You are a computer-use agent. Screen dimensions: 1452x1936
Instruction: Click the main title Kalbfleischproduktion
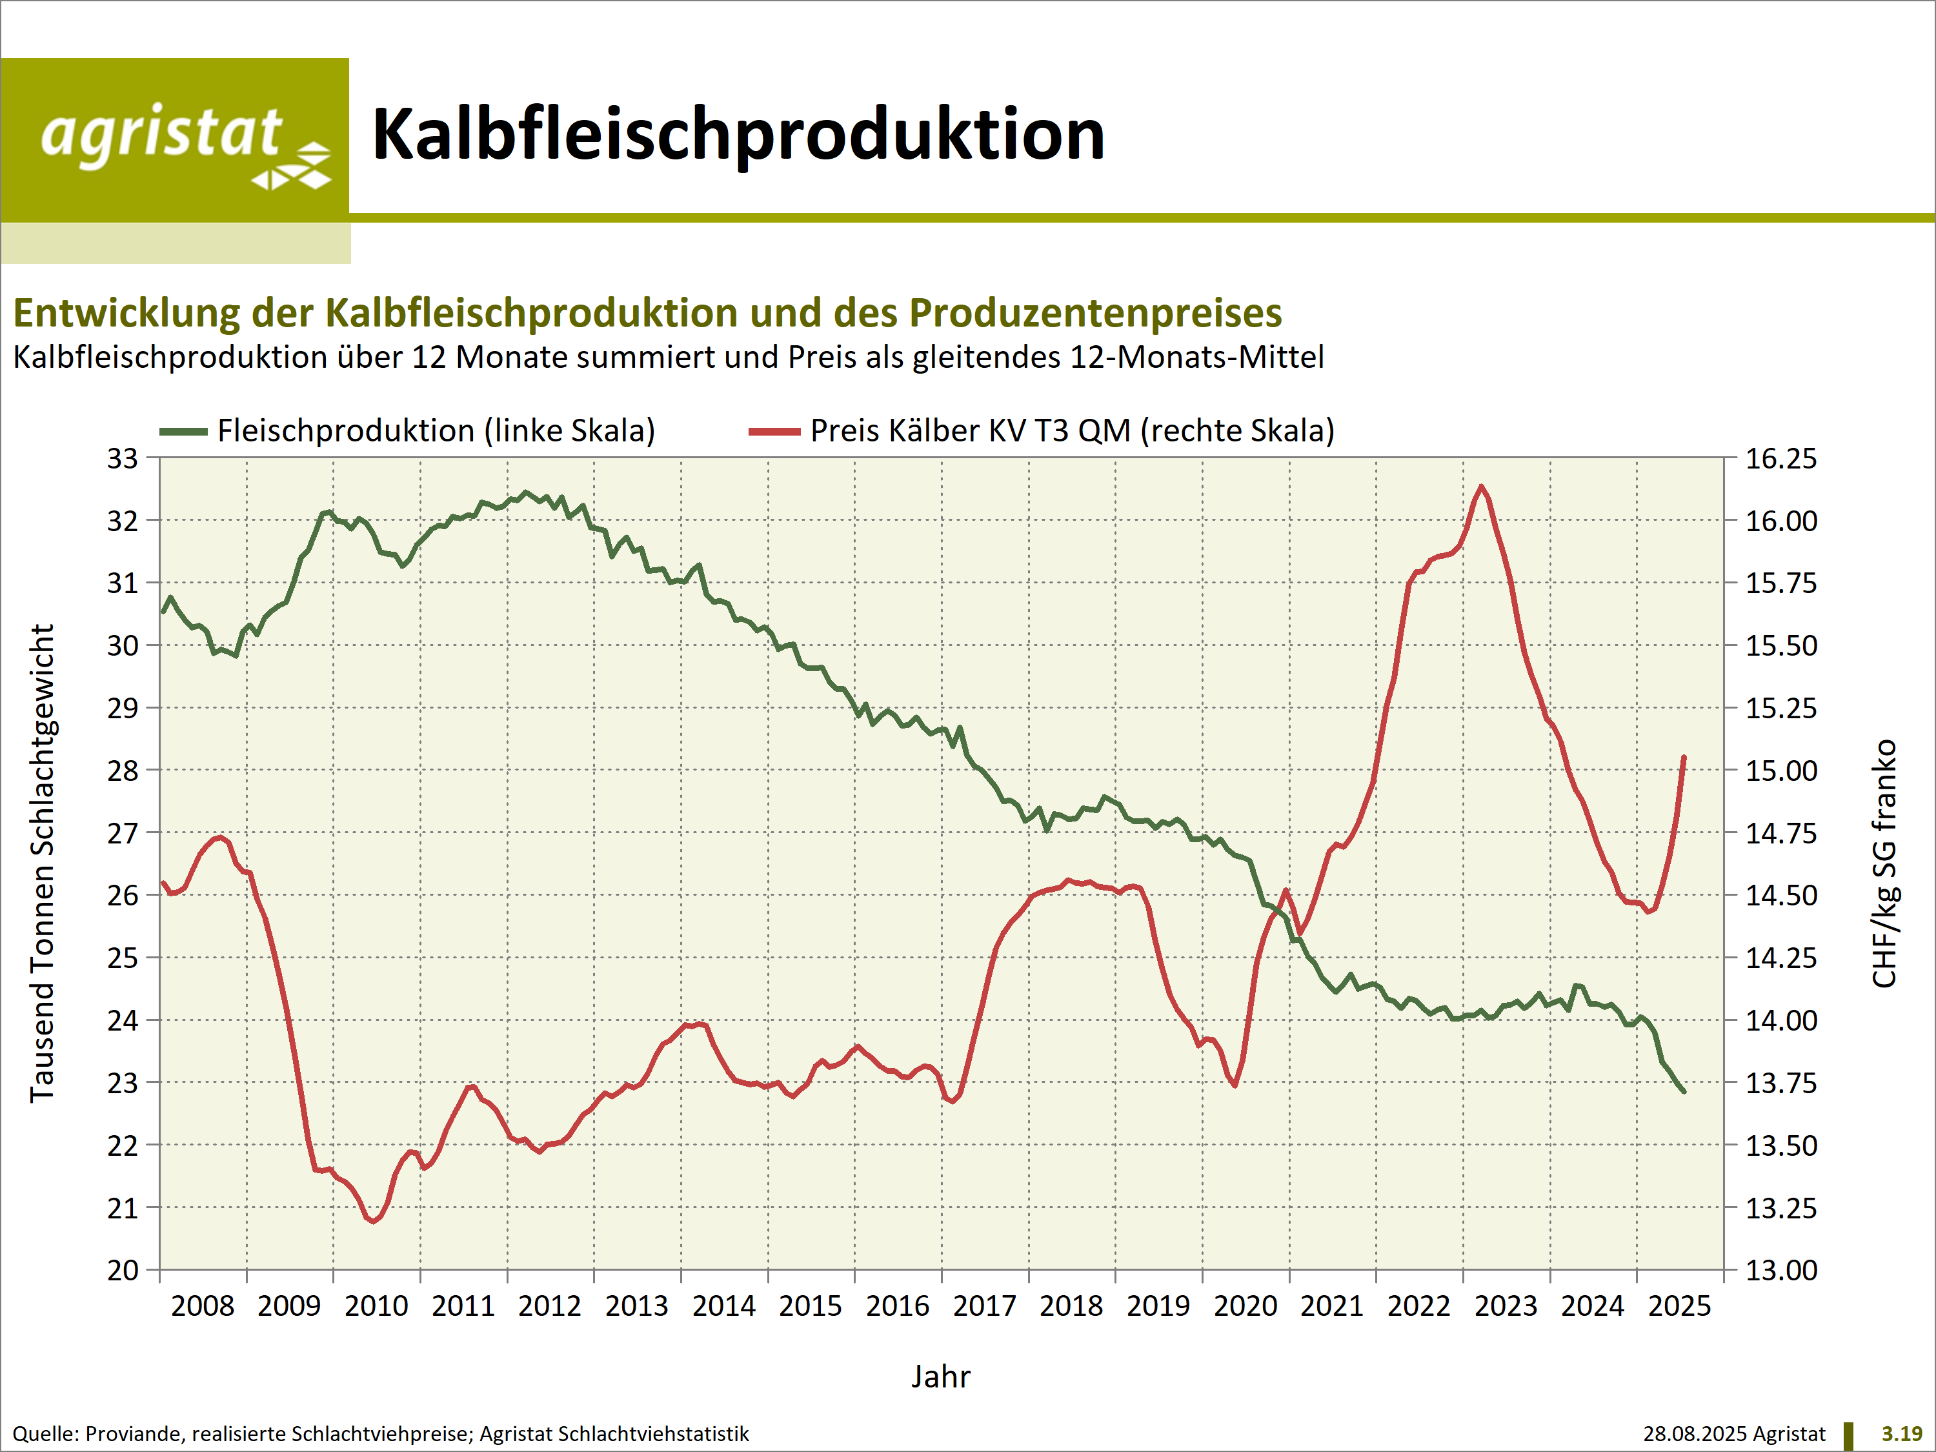tap(738, 135)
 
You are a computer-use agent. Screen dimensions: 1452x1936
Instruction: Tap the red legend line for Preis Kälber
tap(774, 432)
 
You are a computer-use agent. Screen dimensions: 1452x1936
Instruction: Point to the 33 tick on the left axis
tap(123, 459)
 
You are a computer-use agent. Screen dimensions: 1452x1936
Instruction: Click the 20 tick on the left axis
tap(123, 1270)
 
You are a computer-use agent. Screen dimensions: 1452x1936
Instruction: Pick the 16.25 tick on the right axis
tap(1781, 459)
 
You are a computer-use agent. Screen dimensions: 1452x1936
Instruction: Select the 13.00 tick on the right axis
tap(1781, 1270)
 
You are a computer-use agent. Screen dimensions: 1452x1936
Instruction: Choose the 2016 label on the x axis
tap(897, 1306)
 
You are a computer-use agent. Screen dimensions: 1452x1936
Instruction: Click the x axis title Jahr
tap(941, 1376)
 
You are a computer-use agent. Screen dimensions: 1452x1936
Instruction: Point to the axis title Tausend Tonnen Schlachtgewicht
tap(42, 863)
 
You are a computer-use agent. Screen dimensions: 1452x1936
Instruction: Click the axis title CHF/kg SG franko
tap(1884, 863)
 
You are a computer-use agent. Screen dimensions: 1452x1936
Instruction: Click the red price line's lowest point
tap(374, 1221)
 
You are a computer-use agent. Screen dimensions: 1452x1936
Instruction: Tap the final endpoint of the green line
tap(1684, 1091)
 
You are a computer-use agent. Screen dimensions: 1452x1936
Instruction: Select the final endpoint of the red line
tap(1684, 757)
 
